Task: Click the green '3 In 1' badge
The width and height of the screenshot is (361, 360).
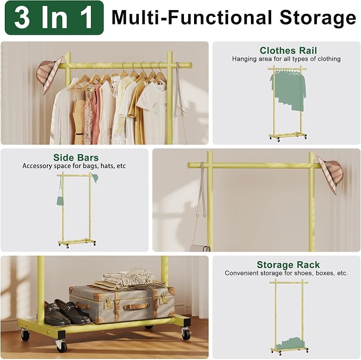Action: pyautogui.click(x=54, y=18)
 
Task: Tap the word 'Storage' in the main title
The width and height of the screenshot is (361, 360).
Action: pyautogui.click(x=318, y=18)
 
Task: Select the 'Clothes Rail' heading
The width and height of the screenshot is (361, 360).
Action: pyautogui.click(x=288, y=51)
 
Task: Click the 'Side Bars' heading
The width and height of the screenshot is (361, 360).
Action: pyautogui.click(x=75, y=157)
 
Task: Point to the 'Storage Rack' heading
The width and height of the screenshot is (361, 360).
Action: pyautogui.click(x=288, y=265)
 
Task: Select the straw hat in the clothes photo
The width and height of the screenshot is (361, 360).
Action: pyautogui.click(x=49, y=75)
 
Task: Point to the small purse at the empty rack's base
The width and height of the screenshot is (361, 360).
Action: pyautogui.click(x=200, y=248)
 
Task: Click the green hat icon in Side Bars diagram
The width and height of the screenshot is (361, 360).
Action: pyautogui.click(x=95, y=178)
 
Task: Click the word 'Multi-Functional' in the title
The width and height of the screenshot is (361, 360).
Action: pyautogui.click(x=192, y=18)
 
